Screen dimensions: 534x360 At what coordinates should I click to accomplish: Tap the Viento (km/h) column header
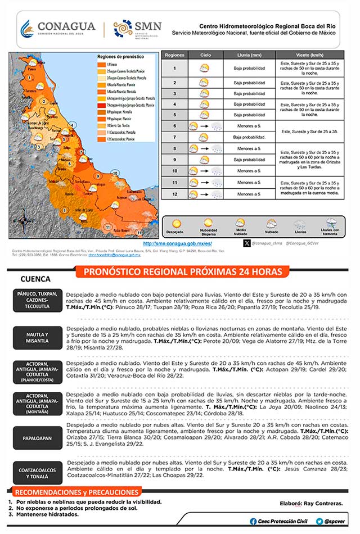(310, 56)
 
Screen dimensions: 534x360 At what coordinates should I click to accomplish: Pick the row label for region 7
(175, 137)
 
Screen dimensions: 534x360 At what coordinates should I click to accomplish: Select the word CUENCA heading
(35, 279)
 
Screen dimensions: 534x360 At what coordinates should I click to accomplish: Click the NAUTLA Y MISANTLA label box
(37, 338)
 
